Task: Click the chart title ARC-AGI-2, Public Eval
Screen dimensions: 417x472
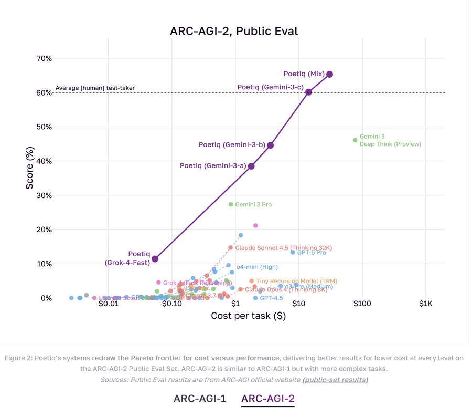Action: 234,30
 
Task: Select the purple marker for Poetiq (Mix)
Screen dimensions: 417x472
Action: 329,74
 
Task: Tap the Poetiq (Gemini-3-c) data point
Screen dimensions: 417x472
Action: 308,92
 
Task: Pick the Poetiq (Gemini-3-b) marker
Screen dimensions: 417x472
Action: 270,145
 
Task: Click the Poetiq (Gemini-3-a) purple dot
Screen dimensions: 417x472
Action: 251,166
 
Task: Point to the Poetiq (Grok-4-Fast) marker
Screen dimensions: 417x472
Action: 155,259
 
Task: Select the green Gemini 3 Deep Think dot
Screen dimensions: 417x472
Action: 355,140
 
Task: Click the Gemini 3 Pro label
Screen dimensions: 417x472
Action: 253,204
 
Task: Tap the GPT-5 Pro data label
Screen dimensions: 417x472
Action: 312,253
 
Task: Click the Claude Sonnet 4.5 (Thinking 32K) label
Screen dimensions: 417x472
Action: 284,248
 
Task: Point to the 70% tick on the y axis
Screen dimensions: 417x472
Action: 45,58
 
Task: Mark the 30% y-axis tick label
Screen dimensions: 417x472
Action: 45,195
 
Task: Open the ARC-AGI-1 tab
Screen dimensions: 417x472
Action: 200,398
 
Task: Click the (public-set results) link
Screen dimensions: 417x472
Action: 335,380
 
